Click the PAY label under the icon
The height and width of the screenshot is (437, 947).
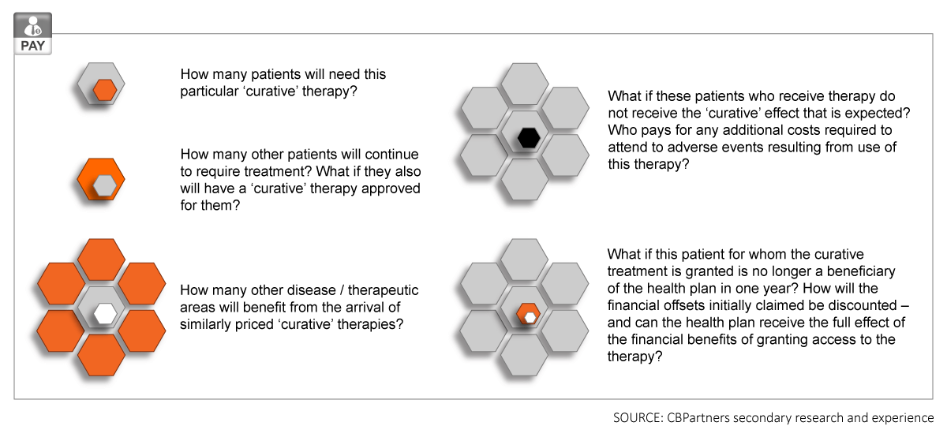point(32,46)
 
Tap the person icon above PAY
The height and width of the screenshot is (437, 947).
point(32,26)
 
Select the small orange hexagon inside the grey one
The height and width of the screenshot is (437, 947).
point(105,90)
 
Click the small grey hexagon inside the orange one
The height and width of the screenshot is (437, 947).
point(105,186)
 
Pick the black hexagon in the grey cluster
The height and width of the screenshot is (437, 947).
point(529,138)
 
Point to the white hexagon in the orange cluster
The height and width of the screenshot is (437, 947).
point(105,314)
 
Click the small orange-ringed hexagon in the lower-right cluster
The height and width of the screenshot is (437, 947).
point(529,314)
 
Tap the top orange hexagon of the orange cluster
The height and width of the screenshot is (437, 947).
point(102,260)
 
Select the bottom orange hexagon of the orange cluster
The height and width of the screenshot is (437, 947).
point(102,355)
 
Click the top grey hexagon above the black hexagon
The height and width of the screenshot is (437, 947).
point(525,84)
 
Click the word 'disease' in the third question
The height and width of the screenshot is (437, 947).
point(308,290)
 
